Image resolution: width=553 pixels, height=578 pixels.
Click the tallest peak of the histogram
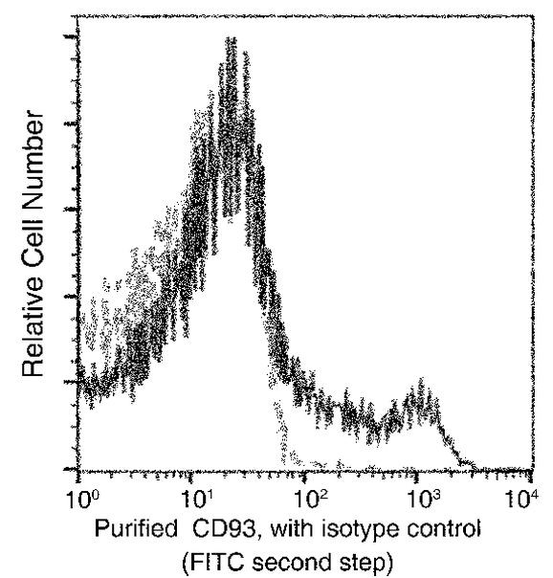tap(230, 40)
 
